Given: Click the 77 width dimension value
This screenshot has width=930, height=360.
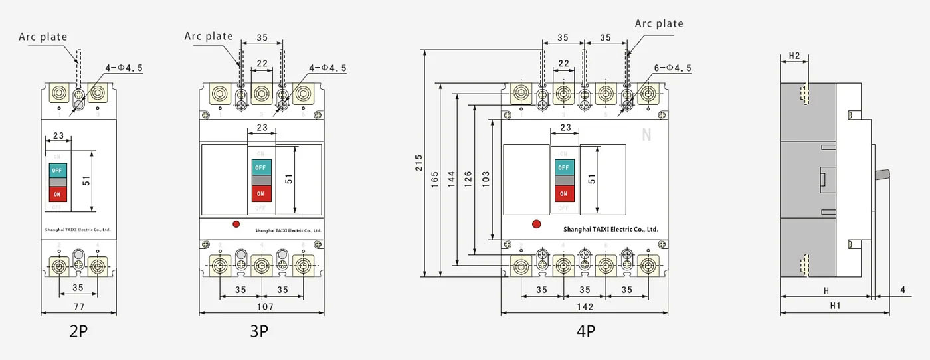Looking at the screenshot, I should [78, 307].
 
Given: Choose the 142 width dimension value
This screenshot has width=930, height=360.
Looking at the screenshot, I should [585, 307].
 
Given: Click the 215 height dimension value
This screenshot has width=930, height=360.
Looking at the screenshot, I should [418, 163].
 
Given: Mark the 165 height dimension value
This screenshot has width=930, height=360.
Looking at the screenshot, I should [435, 179].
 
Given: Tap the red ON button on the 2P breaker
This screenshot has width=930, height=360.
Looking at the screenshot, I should [57, 194].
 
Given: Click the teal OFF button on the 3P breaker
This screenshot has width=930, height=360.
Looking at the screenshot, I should [260, 167].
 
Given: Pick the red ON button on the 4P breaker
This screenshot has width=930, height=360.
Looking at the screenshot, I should [563, 193].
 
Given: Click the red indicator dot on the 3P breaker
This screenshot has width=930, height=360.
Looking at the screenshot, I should [236, 225].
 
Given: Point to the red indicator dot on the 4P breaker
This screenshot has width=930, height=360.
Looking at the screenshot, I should [536, 225].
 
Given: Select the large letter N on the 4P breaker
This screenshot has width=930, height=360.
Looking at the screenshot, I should [646, 135].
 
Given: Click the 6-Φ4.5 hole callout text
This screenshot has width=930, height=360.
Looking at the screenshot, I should [672, 68].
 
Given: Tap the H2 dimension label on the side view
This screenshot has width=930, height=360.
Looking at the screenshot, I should [794, 55].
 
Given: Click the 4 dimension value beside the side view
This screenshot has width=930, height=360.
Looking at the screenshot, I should [903, 290].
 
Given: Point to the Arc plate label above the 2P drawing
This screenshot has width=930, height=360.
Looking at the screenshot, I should [43, 37].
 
